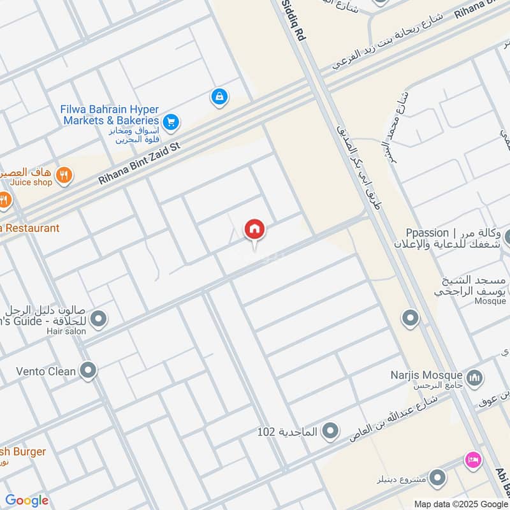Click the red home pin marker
pos(255,229)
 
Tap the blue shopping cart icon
pos(170,121)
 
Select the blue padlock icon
pos(219,97)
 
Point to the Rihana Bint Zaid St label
pos(140,164)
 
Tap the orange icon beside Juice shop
pos(64,175)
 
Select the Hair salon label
pos(66,331)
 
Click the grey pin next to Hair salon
pos(98,318)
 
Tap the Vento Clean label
pos(46,370)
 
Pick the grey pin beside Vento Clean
pos(88,370)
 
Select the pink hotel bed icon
pos(472,459)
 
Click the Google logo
pos(27,500)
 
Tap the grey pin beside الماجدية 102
pos(330,432)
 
